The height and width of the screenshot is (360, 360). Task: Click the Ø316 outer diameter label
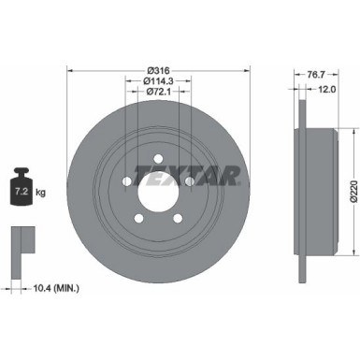pos(158,70)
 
